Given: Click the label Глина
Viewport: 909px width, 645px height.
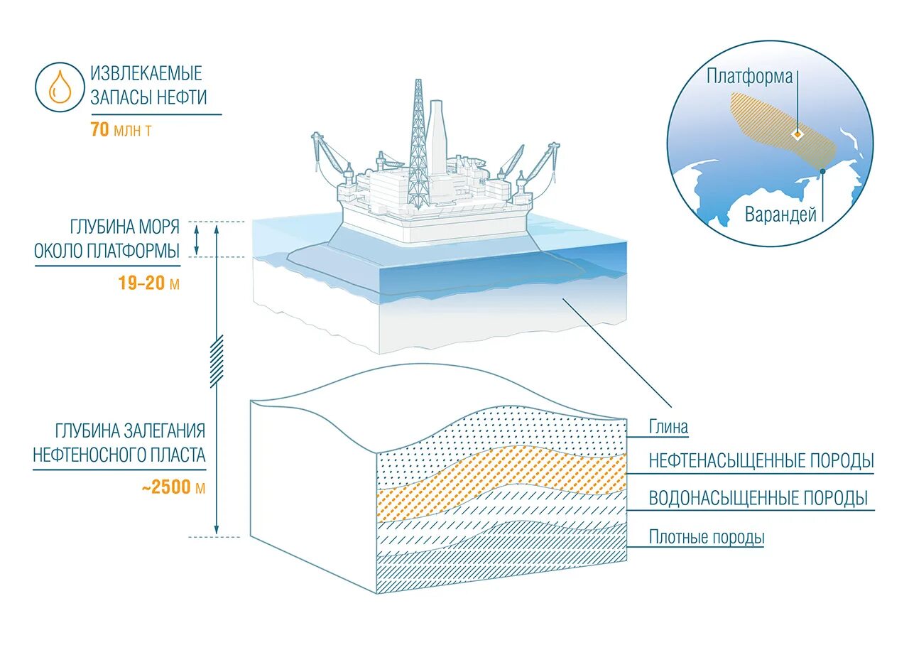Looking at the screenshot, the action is click(x=668, y=428).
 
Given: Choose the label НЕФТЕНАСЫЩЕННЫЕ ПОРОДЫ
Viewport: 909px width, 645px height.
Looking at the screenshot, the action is click(x=761, y=461).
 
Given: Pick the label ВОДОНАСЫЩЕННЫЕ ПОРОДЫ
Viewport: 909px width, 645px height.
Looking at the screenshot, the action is click(x=758, y=498).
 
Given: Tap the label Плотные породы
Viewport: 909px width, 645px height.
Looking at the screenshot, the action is click(x=707, y=537).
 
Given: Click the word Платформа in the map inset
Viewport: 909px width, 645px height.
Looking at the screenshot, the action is click(x=749, y=77).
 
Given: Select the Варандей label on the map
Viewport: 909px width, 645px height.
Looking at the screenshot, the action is click(x=780, y=215).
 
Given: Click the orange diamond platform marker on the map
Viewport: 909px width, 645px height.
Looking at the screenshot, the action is click(x=798, y=134).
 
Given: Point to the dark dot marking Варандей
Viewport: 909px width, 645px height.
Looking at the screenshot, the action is click(x=822, y=170).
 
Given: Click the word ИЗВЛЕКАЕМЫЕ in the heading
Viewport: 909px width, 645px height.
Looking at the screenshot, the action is click(x=146, y=73).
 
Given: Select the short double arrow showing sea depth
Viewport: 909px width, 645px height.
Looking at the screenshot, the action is click(x=197, y=239).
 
